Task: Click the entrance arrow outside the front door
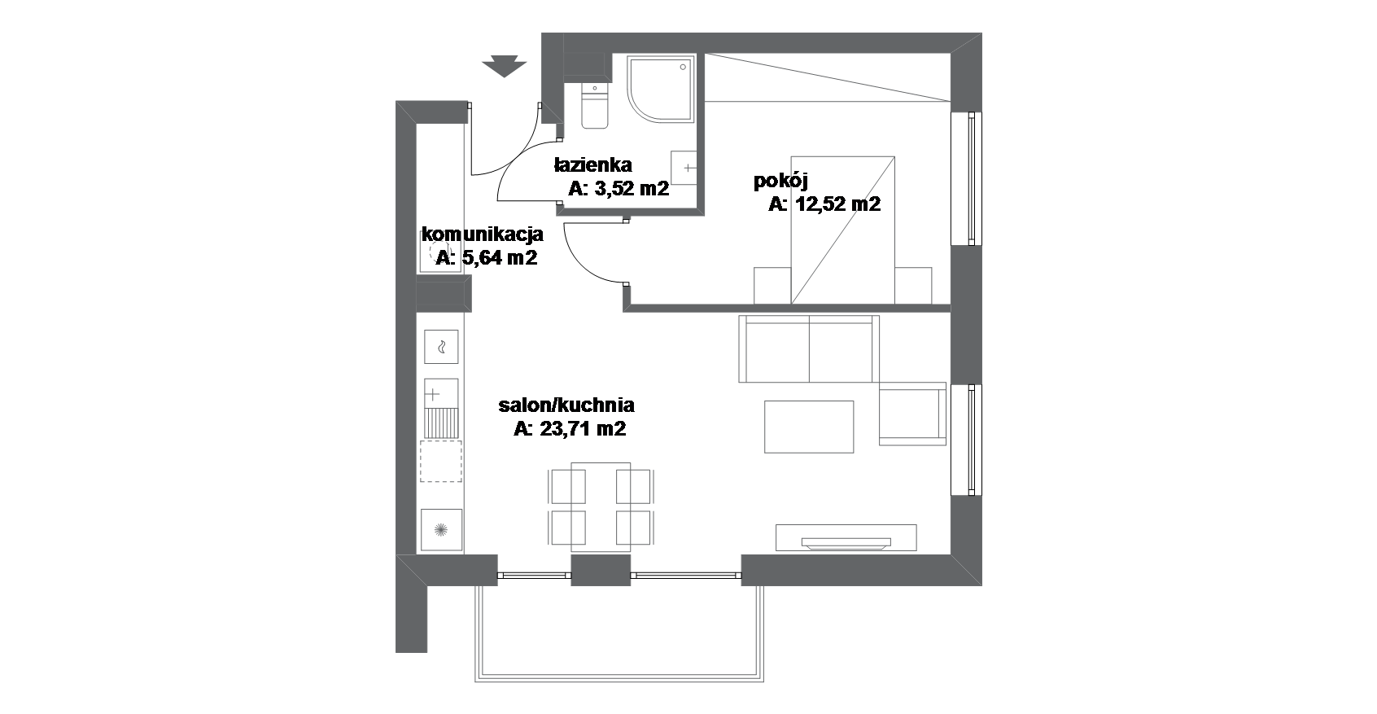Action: click(x=504, y=66)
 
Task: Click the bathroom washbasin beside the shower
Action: click(x=684, y=168)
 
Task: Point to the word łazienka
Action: click(x=593, y=164)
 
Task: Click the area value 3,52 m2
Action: click(x=632, y=188)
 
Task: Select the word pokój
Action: click(x=780, y=181)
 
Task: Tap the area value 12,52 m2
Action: click(x=838, y=204)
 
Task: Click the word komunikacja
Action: click(x=483, y=234)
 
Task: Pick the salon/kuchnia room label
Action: click(x=566, y=405)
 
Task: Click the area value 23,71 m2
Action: click(x=583, y=428)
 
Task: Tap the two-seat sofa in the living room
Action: click(x=809, y=348)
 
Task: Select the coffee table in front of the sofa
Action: click(x=809, y=427)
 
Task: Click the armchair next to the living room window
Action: click(x=912, y=414)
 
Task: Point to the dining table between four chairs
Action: click(x=601, y=506)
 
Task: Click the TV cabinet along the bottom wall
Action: click(x=846, y=537)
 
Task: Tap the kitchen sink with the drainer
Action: click(x=441, y=409)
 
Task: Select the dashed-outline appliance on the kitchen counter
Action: click(x=441, y=462)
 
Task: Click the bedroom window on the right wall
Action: click(x=967, y=178)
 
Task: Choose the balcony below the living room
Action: click(x=619, y=633)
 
